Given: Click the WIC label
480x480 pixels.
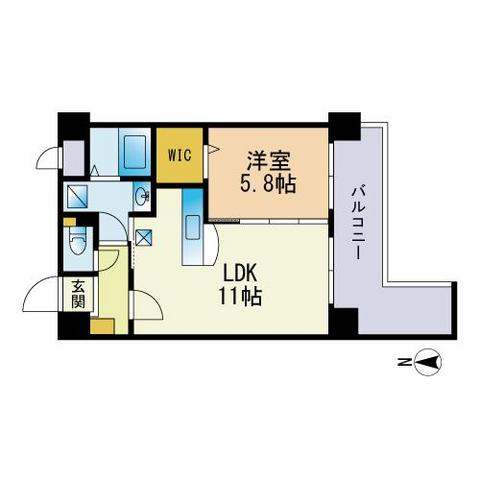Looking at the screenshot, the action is (x=180, y=155).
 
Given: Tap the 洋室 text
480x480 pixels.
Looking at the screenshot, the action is (x=269, y=161).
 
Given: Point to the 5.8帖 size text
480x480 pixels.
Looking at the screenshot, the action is (x=268, y=184).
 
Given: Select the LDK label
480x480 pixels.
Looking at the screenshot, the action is (x=240, y=275).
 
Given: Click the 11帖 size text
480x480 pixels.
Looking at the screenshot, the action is (x=240, y=297).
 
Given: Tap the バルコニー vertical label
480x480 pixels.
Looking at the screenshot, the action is (x=358, y=222).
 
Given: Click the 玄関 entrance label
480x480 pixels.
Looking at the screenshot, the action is (x=78, y=294).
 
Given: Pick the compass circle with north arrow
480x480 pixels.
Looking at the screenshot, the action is (x=429, y=362).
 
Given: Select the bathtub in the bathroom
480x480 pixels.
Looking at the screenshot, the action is (x=135, y=152).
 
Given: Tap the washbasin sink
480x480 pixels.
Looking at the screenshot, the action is (x=141, y=197).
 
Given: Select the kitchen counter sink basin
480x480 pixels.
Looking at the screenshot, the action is (x=193, y=227).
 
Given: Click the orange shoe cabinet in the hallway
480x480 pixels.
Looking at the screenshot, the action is (x=103, y=326).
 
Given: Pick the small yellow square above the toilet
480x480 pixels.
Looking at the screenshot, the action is (x=70, y=222).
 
